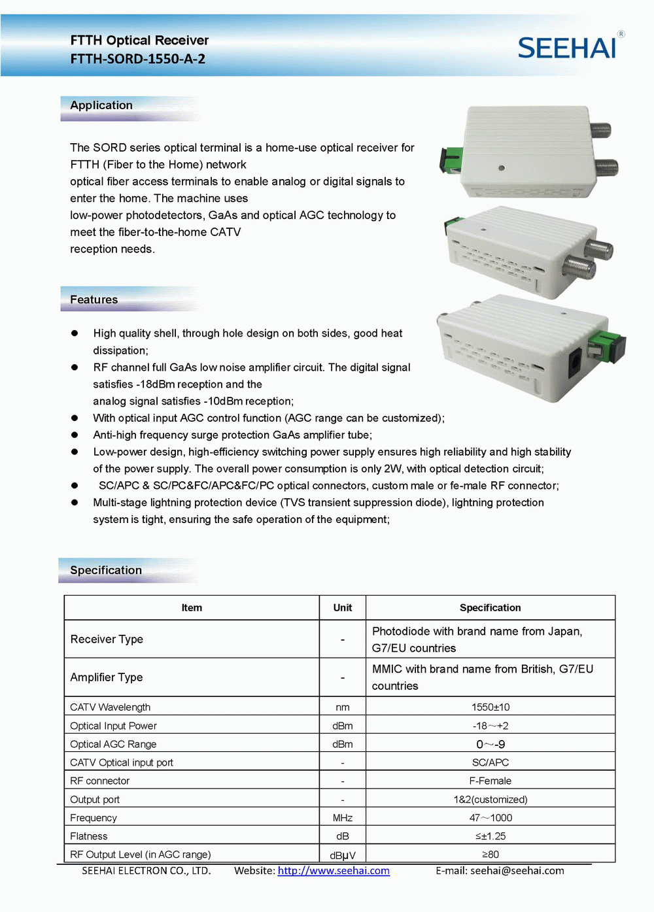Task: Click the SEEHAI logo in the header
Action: tap(567, 48)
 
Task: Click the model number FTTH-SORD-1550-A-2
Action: tap(138, 59)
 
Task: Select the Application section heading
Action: tap(101, 105)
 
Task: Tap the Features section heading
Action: tap(94, 299)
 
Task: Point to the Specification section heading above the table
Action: tap(106, 570)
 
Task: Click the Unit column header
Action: tap(343, 607)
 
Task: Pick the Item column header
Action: tap(192, 607)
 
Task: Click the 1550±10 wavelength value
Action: tap(490, 707)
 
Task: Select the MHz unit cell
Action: tap(343, 818)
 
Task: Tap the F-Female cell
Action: tap(490, 781)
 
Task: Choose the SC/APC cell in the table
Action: tap(490, 762)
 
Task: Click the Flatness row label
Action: tap(89, 836)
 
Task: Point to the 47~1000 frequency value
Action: tap(490, 818)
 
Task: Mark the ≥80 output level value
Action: tap(490, 854)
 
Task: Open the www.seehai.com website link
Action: tap(334, 871)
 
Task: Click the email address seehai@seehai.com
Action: tap(517, 871)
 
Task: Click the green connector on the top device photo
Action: tap(453, 158)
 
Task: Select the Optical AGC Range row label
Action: tap(113, 744)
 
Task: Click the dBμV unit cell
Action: tap(343, 855)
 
